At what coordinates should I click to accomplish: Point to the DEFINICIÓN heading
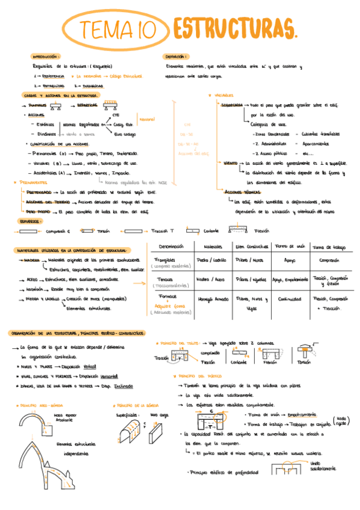(x=176, y=56)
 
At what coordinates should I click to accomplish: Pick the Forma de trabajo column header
(x=329, y=247)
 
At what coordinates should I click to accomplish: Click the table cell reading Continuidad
(x=288, y=299)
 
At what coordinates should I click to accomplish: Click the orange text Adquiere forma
(x=166, y=306)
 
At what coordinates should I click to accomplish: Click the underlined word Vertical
(x=90, y=366)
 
